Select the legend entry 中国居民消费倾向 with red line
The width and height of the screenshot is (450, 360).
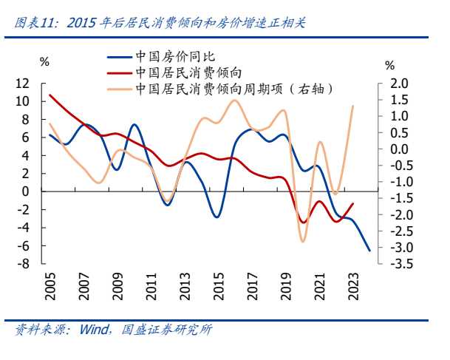click(189, 72)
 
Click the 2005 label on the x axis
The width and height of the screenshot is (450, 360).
click(50, 285)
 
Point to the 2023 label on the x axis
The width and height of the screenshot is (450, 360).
click(352, 285)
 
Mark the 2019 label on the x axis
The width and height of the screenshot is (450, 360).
click(285, 285)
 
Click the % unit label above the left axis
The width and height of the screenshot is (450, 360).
click(45, 61)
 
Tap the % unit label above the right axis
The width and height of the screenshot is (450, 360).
click(389, 64)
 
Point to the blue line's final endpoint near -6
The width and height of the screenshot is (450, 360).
click(369, 251)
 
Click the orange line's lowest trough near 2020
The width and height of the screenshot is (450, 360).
click(302, 241)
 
